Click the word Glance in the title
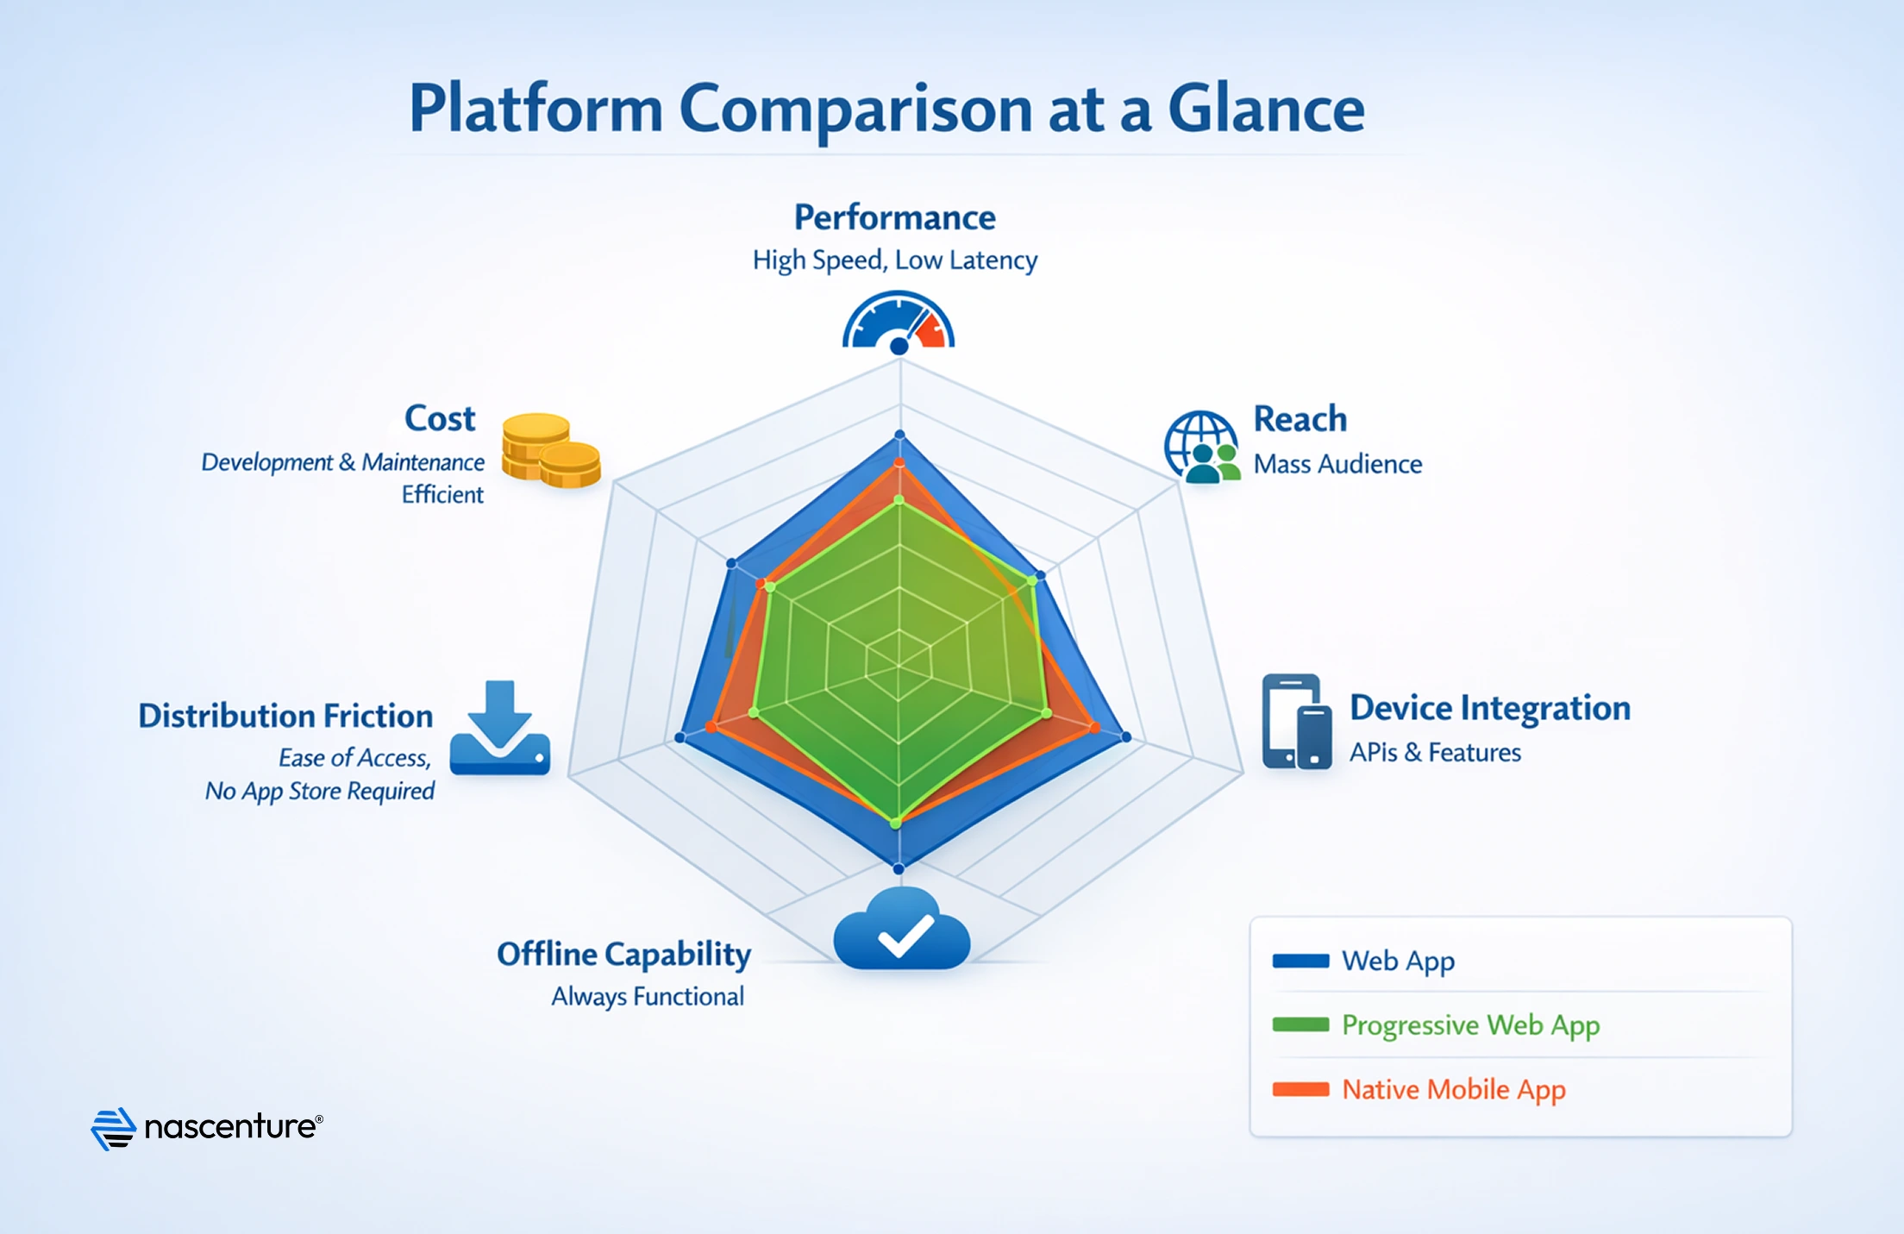[x=1265, y=110]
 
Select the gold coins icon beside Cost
[x=551, y=451]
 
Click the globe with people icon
[x=1202, y=447]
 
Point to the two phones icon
[x=1296, y=722]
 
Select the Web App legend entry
[x=1398, y=961]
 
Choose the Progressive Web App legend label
[x=1470, y=1025]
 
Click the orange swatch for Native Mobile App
[x=1300, y=1089]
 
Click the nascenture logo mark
[x=114, y=1128]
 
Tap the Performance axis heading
[x=894, y=217]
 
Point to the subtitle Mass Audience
[x=1337, y=464]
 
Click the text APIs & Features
[x=1434, y=753]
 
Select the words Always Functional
[x=647, y=997]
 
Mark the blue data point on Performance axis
[x=899, y=435]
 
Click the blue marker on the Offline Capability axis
[x=899, y=868]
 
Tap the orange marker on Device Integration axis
[x=1094, y=728]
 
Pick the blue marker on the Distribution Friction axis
[x=680, y=738]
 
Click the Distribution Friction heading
[x=285, y=717]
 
